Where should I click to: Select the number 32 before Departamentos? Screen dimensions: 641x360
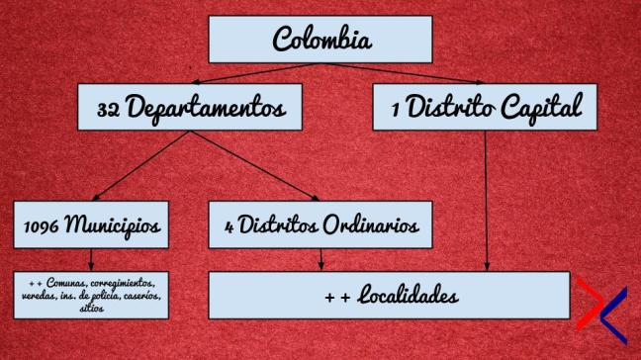tap(109, 106)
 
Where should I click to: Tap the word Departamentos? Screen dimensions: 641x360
tap(204, 106)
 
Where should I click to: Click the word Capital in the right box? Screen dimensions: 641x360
tap(541, 106)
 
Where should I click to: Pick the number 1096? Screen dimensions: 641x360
tap(43, 225)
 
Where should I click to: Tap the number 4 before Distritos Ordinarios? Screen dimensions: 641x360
tap(230, 226)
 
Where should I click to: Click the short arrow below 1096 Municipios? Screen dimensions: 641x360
tap(90, 257)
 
